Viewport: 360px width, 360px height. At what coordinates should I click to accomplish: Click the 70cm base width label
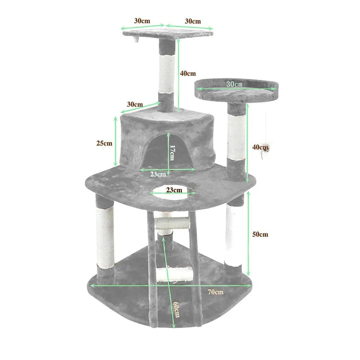click(216, 292)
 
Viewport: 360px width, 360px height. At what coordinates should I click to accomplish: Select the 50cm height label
click(260, 235)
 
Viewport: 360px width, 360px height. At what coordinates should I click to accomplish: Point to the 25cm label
click(104, 143)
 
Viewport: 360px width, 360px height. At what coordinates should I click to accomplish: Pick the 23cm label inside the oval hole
click(174, 190)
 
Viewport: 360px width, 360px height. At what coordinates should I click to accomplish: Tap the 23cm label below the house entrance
click(158, 174)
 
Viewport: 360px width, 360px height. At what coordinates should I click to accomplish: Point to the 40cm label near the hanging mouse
click(260, 147)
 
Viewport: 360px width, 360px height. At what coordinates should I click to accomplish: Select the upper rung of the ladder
click(172, 223)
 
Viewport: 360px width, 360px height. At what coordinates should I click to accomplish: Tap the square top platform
click(168, 34)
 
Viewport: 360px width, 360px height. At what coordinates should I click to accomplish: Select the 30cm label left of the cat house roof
click(135, 104)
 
